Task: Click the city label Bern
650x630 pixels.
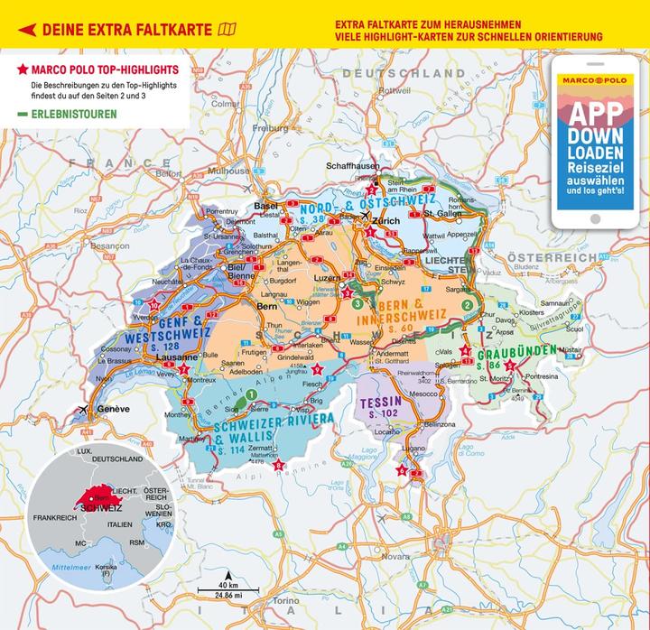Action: point(267,307)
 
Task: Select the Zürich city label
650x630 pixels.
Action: point(385,220)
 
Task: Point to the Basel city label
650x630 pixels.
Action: point(266,206)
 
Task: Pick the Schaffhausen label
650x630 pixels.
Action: point(353,167)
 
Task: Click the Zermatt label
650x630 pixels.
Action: point(287,448)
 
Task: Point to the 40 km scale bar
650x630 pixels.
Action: point(229,588)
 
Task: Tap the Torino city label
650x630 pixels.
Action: point(284,600)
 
